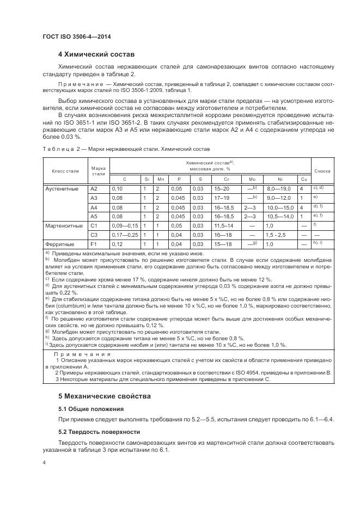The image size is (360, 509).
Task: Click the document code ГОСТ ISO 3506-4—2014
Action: pos(78,35)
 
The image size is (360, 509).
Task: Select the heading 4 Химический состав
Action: pos(96,55)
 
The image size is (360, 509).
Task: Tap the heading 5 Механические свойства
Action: pos(105,396)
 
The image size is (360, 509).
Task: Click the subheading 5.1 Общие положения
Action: pos(91,408)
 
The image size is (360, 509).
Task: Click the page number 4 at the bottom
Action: pos(44,462)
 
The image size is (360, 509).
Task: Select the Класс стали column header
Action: pos(65,171)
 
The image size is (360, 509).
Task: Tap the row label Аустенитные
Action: pos(62,188)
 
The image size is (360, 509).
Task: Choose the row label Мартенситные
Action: pos(63,225)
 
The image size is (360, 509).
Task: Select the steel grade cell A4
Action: pos(94,207)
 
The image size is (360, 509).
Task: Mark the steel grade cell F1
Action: pos(93,244)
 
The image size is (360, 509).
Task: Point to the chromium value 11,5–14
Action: pos(224,225)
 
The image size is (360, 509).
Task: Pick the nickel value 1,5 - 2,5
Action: pos(277,235)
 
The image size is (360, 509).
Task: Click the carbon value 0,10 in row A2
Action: pos(117,188)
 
